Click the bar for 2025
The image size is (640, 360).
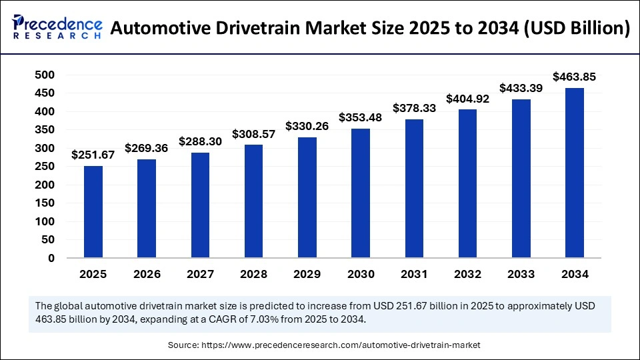click(93, 212)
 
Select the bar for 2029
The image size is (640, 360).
click(307, 197)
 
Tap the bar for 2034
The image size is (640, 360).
click(574, 173)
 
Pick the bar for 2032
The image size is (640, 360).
click(467, 183)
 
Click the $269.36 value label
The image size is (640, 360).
click(147, 148)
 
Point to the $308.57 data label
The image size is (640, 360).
click(253, 134)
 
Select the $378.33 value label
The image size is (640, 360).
click(414, 107)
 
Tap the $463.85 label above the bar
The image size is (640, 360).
click(574, 77)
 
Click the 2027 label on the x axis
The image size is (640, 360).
click(200, 274)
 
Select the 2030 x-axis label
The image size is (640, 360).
click(361, 274)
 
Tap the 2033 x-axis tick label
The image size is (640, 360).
click(521, 274)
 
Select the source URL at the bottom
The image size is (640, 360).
click(346, 345)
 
